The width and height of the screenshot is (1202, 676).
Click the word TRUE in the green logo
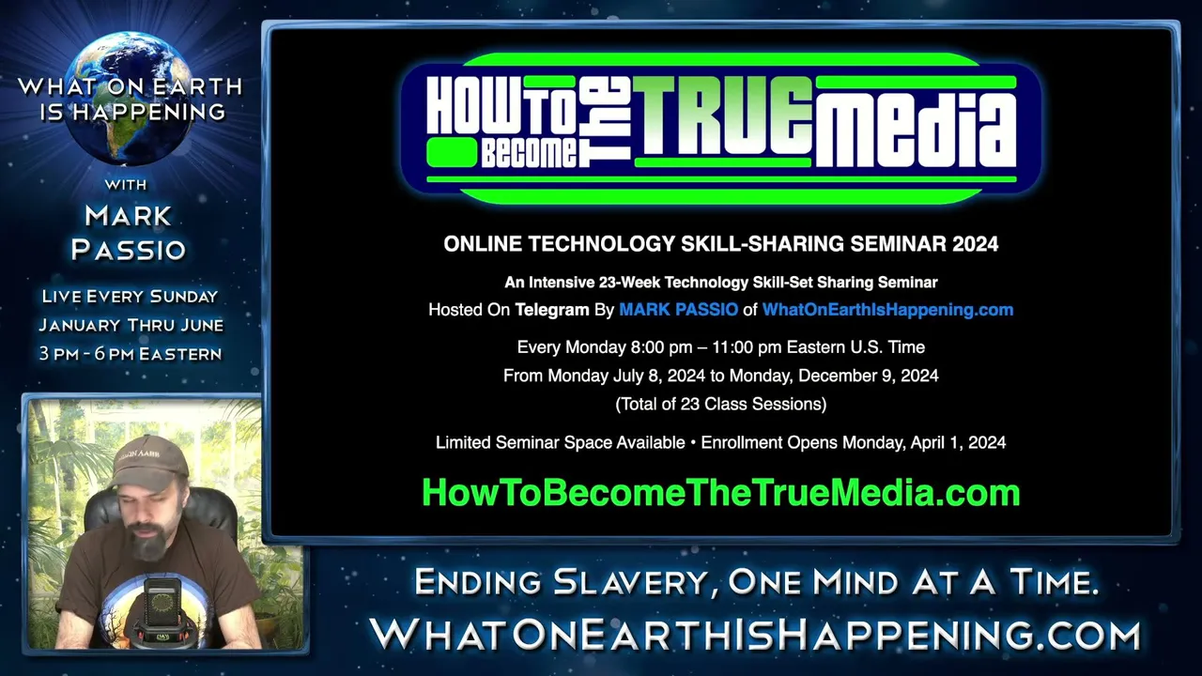click(723, 115)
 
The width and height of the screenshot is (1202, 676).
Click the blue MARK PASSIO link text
click(678, 310)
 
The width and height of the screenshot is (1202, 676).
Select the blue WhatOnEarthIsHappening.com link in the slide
click(887, 310)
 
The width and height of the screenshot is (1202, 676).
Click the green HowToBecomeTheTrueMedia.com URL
click(720, 493)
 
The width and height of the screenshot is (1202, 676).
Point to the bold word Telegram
click(552, 310)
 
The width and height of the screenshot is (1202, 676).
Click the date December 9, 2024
click(869, 376)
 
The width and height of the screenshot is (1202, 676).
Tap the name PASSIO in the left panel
click(129, 250)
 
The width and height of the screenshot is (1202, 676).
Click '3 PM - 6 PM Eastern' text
click(131, 354)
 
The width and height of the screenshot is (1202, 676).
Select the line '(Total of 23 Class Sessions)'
click(720, 404)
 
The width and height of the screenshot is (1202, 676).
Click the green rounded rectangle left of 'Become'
click(452, 152)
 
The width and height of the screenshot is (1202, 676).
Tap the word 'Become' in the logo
click(529, 152)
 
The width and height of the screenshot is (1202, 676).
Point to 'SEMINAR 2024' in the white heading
click(924, 244)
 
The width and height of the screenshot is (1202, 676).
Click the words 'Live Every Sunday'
click(130, 296)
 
